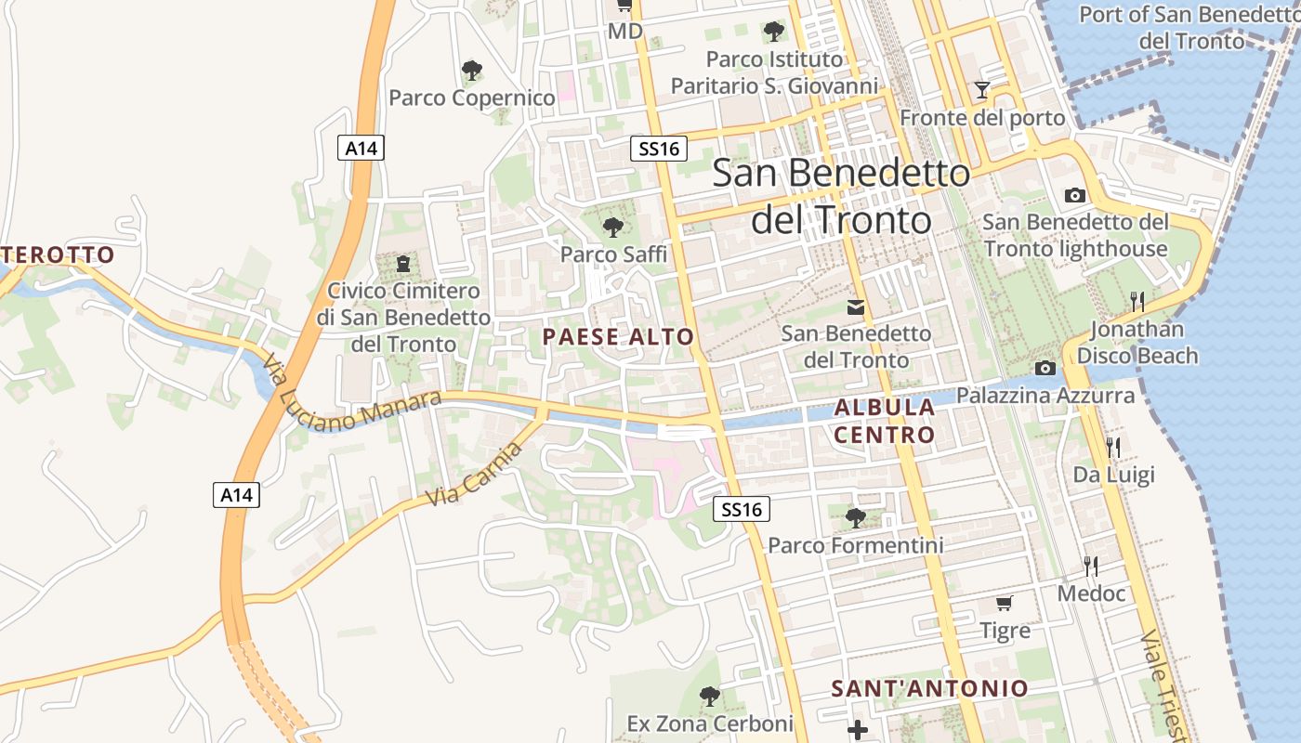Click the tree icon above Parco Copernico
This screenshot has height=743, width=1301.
tap(472, 70)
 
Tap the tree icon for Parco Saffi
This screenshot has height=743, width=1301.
tap(612, 227)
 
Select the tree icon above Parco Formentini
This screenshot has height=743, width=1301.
tap(855, 518)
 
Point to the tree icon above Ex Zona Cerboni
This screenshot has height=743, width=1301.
tap(709, 696)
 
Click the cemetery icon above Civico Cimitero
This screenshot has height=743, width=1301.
tap(403, 264)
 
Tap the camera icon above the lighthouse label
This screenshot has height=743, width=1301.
tap(1075, 195)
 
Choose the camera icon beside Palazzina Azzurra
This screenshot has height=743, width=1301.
tap(1045, 369)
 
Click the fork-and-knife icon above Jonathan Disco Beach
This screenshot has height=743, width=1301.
tap(1137, 301)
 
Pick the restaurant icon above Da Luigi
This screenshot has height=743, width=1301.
tap(1113, 447)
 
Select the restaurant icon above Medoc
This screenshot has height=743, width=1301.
tap(1091, 566)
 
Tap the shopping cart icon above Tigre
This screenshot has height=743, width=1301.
tap(1005, 604)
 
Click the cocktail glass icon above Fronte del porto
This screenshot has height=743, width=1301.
tap(982, 90)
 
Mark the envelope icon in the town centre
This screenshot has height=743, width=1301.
tap(855, 306)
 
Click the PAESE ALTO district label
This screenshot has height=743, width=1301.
tap(618, 337)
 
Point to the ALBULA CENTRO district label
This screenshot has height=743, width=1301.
tap(884, 421)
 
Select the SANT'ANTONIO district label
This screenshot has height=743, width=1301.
tap(929, 688)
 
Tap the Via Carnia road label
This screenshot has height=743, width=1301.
tap(474, 475)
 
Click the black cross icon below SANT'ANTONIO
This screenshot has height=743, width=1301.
tap(858, 730)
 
